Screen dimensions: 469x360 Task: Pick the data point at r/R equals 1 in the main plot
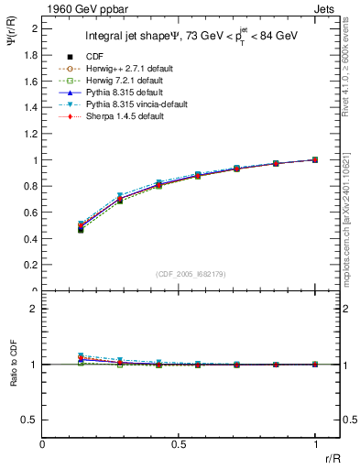pyautogui.click(x=315, y=159)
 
